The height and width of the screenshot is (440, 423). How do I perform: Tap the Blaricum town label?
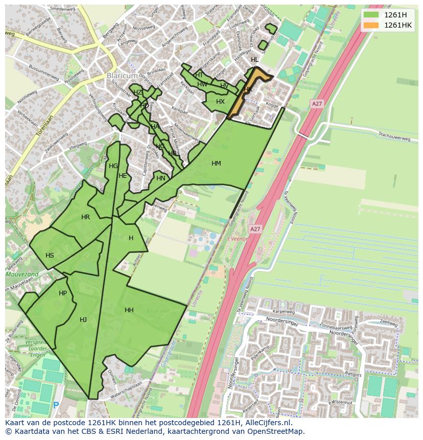point(123,76)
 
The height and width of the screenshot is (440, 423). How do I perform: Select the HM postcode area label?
point(216,164)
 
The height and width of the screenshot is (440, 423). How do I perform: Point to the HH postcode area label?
point(129,310)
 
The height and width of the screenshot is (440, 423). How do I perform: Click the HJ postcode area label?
point(83,320)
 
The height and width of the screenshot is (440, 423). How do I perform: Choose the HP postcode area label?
point(63,293)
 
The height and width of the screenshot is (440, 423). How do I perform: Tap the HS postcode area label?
point(50,256)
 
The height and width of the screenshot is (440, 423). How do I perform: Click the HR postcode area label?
point(85,217)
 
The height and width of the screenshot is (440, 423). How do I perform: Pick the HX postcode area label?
point(220,102)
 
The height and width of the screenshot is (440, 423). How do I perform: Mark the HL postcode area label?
point(254,60)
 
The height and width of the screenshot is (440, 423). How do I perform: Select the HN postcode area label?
point(161,178)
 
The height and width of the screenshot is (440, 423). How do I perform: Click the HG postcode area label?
point(113,166)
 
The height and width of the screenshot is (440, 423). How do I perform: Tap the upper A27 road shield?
point(317,104)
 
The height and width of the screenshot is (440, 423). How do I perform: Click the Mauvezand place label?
point(21,274)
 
